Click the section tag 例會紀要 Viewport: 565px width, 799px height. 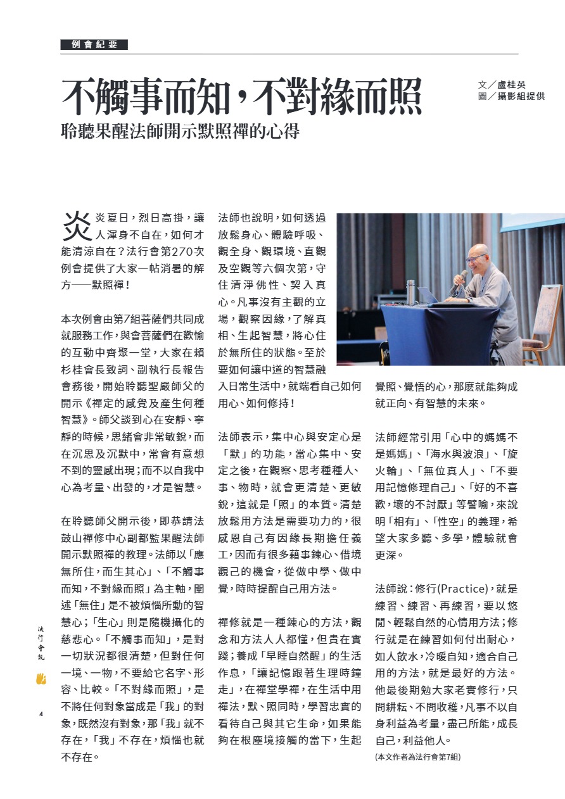pyautogui.click(x=94, y=44)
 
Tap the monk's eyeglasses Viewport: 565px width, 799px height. pyautogui.click(x=474, y=258)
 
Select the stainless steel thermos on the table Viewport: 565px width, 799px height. pyautogui.click(x=410, y=291)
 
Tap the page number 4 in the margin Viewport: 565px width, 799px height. pyautogui.click(x=41, y=714)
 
